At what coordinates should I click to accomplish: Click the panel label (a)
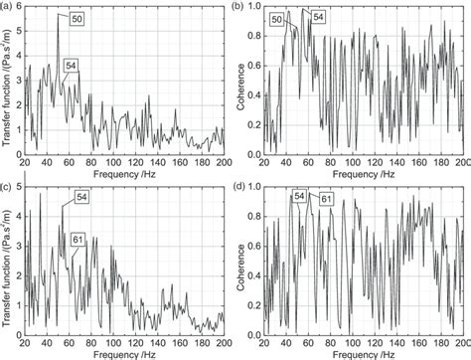(x=7, y=8)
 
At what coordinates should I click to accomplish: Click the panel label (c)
(x=7, y=186)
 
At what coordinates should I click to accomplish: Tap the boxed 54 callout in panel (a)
(x=71, y=66)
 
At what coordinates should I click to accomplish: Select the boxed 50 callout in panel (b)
(x=276, y=18)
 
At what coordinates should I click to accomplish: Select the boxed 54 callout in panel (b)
(x=317, y=17)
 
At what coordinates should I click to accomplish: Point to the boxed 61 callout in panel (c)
(x=77, y=239)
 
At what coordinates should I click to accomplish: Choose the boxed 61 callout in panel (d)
(x=325, y=199)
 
